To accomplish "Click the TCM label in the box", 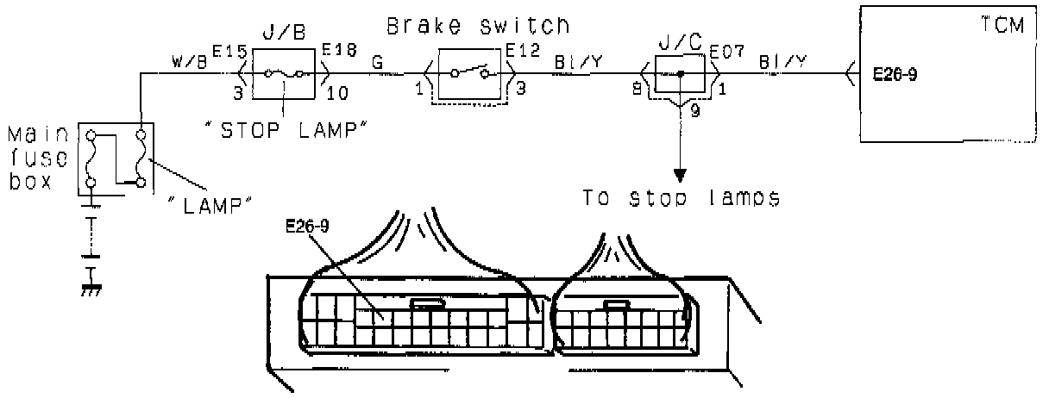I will tap(1004, 25).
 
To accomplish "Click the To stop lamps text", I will tap(682, 197).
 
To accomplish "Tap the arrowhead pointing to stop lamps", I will tap(682, 175).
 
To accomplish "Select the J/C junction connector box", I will tap(682, 75).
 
